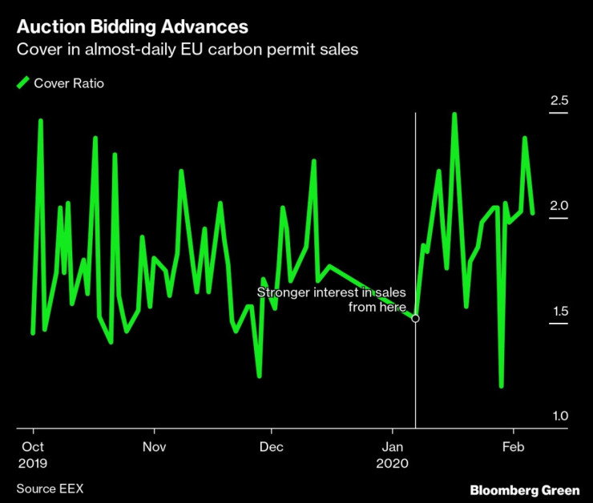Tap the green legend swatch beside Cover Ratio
coord(22,82)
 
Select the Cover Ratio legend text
coord(68,83)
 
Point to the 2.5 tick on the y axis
coord(558,101)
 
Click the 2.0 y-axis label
coord(558,206)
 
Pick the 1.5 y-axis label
coord(558,311)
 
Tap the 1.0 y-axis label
coord(558,416)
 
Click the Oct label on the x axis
coord(32,446)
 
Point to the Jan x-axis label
coord(393,446)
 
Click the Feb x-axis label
coord(512,446)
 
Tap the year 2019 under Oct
coord(33,463)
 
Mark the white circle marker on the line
coord(415,319)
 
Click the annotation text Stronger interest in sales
coord(332,292)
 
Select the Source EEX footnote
coord(50,488)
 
